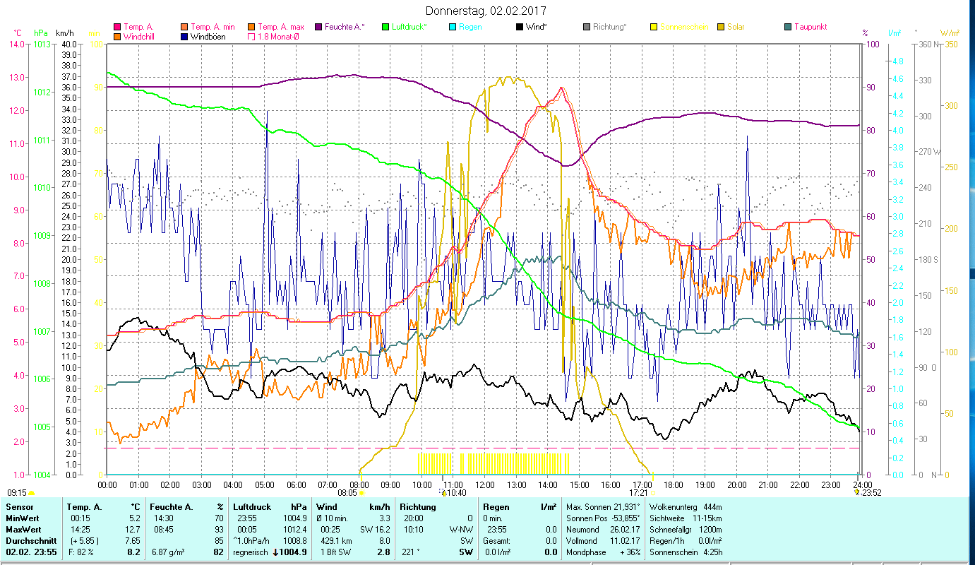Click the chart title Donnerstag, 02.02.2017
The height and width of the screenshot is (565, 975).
[486, 11]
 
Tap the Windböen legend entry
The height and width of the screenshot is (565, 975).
[208, 36]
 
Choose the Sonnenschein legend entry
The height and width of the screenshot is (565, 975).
[683, 27]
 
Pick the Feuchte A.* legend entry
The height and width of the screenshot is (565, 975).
[344, 27]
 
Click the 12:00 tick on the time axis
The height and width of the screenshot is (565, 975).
[485, 484]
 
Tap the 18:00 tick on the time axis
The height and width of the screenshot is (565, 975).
[674, 484]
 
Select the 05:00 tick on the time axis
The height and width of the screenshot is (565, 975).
[264, 484]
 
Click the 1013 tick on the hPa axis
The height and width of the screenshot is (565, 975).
[42, 44]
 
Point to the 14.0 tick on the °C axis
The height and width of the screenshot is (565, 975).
[16, 44]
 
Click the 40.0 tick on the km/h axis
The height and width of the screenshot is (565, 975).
[68, 44]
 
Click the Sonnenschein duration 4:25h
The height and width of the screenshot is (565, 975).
[714, 552]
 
